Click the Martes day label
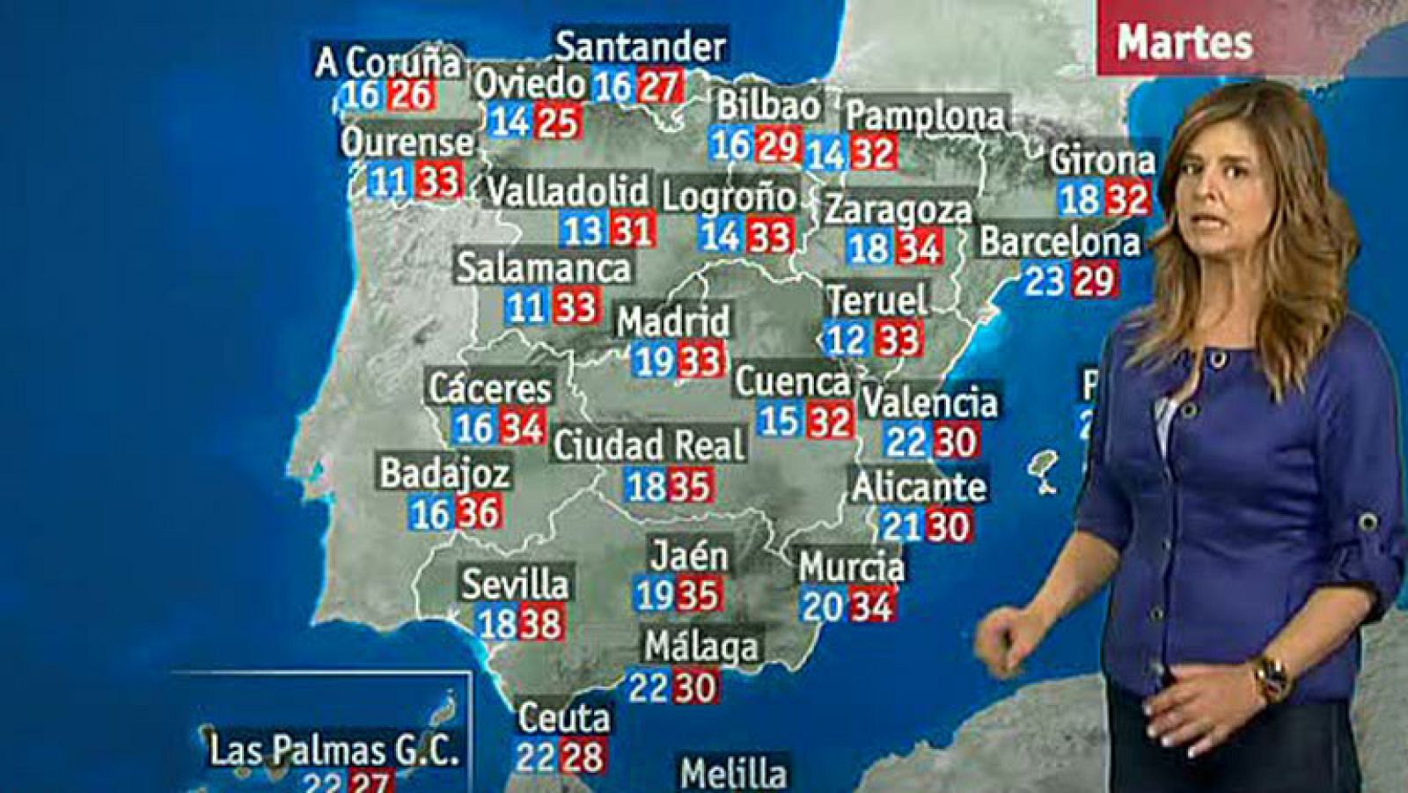click(1184, 42)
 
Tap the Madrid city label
click(673, 321)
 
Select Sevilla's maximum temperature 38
click(540, 624)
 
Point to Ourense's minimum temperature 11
click(388, 182)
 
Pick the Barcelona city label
click(1060, 242)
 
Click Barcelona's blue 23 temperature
click(1045, 282)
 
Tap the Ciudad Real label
click(649, 445)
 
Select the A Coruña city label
click(388, 62)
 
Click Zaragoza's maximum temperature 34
click(920, 247)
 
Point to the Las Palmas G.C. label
click(334, 751)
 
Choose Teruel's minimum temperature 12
click(847, 340)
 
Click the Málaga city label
click(701, 647)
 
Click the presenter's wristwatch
click(1270, 677)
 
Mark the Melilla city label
click(733, 774)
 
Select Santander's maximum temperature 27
click(660, 86)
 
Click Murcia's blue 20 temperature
click(822, 606)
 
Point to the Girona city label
click(1102, 160)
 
